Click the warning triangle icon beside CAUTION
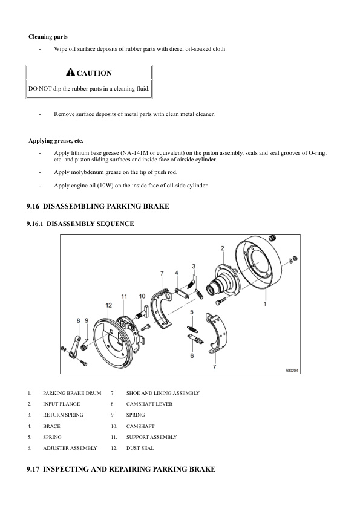point(70,72)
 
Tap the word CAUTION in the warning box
point(94,73)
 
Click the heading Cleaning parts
point(48,37)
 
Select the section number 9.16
point(33,206)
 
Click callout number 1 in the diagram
point(265,304)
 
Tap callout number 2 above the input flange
point(223,248)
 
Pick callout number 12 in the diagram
point(108,305)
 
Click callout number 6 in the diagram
point(192,356)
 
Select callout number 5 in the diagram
point(192,312)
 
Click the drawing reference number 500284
point(292,371)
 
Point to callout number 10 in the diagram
point(142,296)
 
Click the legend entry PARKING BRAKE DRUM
point(72,393)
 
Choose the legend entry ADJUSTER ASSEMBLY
point(70,448)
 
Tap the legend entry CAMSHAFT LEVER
point(149,404)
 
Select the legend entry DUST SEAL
point(140,448)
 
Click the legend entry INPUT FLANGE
point(61,404)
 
